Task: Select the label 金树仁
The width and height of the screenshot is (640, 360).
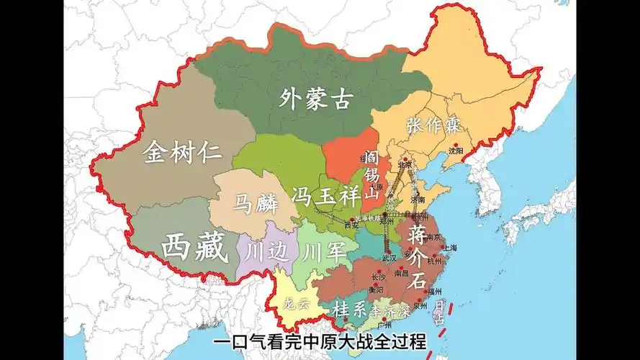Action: point(182,153)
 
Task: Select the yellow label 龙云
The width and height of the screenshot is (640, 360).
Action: point(297,302)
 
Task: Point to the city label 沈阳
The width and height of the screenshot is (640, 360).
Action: point(456,151)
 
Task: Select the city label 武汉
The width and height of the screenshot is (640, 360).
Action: point(389,258)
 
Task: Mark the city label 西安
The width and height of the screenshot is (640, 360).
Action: point(351,225)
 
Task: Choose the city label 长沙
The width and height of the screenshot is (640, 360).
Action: point(378,276)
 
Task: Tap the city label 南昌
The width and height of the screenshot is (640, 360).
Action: point(402,274)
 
